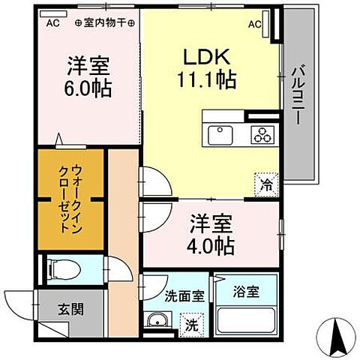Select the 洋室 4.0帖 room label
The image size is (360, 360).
tap(211, 233)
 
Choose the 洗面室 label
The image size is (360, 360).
tap(184, 295)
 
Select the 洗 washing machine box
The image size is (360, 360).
tap(193, 326)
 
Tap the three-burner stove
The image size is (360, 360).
tap(264, 136)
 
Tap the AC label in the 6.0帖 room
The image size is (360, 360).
tap(52, 22)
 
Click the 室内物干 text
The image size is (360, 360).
tap(104, 22)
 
